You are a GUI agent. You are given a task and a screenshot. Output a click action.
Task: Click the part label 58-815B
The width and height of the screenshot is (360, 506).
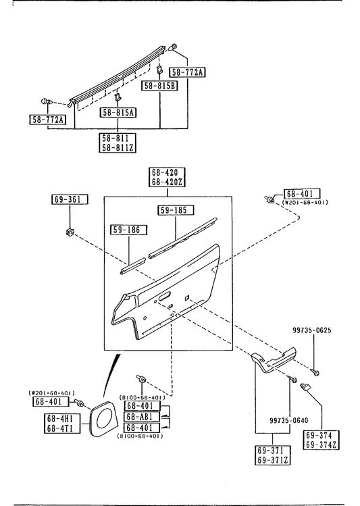tap(160, 86)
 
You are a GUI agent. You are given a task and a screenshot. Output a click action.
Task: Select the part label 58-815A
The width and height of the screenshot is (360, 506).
tap(118, 112)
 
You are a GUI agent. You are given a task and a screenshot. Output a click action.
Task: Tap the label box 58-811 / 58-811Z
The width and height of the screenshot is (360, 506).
tap(118, 143)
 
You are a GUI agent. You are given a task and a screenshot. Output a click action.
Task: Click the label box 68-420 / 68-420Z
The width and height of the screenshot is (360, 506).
tap(167, 177)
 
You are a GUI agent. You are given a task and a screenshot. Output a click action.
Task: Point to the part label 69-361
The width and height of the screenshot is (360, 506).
tap(70, 199)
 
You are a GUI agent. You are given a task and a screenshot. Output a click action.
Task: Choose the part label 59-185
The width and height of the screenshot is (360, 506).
tap(176, 210)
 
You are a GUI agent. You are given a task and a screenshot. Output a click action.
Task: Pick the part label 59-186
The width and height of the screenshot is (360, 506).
tap(129, 230)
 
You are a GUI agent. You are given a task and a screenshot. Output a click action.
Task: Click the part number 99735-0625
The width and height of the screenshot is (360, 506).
tap(312, 330)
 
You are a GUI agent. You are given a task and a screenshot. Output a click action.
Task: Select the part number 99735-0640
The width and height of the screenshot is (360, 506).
tap(288, 420)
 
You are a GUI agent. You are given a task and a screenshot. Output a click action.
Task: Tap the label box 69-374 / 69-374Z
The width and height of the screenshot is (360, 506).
tap(322, 440)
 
